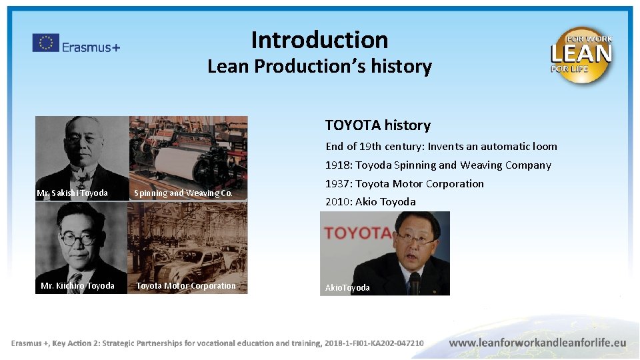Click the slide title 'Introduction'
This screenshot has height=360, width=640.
[319, 40]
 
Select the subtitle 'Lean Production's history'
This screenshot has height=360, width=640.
[319, 67]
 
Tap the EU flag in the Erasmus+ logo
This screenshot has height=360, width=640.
[45, 43]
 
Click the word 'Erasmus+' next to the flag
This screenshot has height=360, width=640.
[91, 47]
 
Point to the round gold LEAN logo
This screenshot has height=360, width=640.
[581, 55]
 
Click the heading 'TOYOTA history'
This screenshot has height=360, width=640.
[377, 125]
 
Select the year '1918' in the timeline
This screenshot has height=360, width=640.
[338, 165]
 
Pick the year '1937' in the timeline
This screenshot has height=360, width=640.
[338, 184]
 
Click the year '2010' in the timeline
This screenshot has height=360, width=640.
[338, 202]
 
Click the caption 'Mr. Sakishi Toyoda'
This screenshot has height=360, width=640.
[72, 193]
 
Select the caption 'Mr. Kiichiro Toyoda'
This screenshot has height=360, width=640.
[77, 286]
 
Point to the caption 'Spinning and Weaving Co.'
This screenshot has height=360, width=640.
[183, 193]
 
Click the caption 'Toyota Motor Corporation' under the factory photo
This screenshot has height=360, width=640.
[186, 286]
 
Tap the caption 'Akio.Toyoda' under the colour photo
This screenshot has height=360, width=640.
[347, 288]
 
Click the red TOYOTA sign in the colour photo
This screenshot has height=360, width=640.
[357, 233]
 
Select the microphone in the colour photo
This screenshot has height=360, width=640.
[415, 283]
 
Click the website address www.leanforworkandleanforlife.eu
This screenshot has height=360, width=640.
[537, 343]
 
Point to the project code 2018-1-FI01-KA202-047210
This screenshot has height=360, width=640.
[374, 343]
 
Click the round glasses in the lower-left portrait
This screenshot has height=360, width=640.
[79, 237]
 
